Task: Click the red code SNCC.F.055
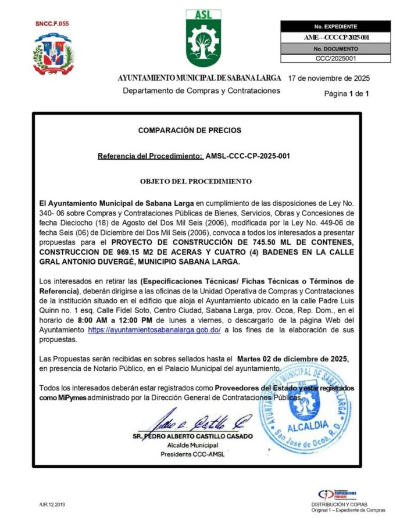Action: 52,24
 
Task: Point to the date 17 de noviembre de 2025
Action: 329,78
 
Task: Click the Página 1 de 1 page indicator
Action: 347,93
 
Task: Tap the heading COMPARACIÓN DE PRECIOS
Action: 190,131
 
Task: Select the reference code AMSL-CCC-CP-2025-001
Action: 248,156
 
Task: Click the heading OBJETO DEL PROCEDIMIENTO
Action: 196,181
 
